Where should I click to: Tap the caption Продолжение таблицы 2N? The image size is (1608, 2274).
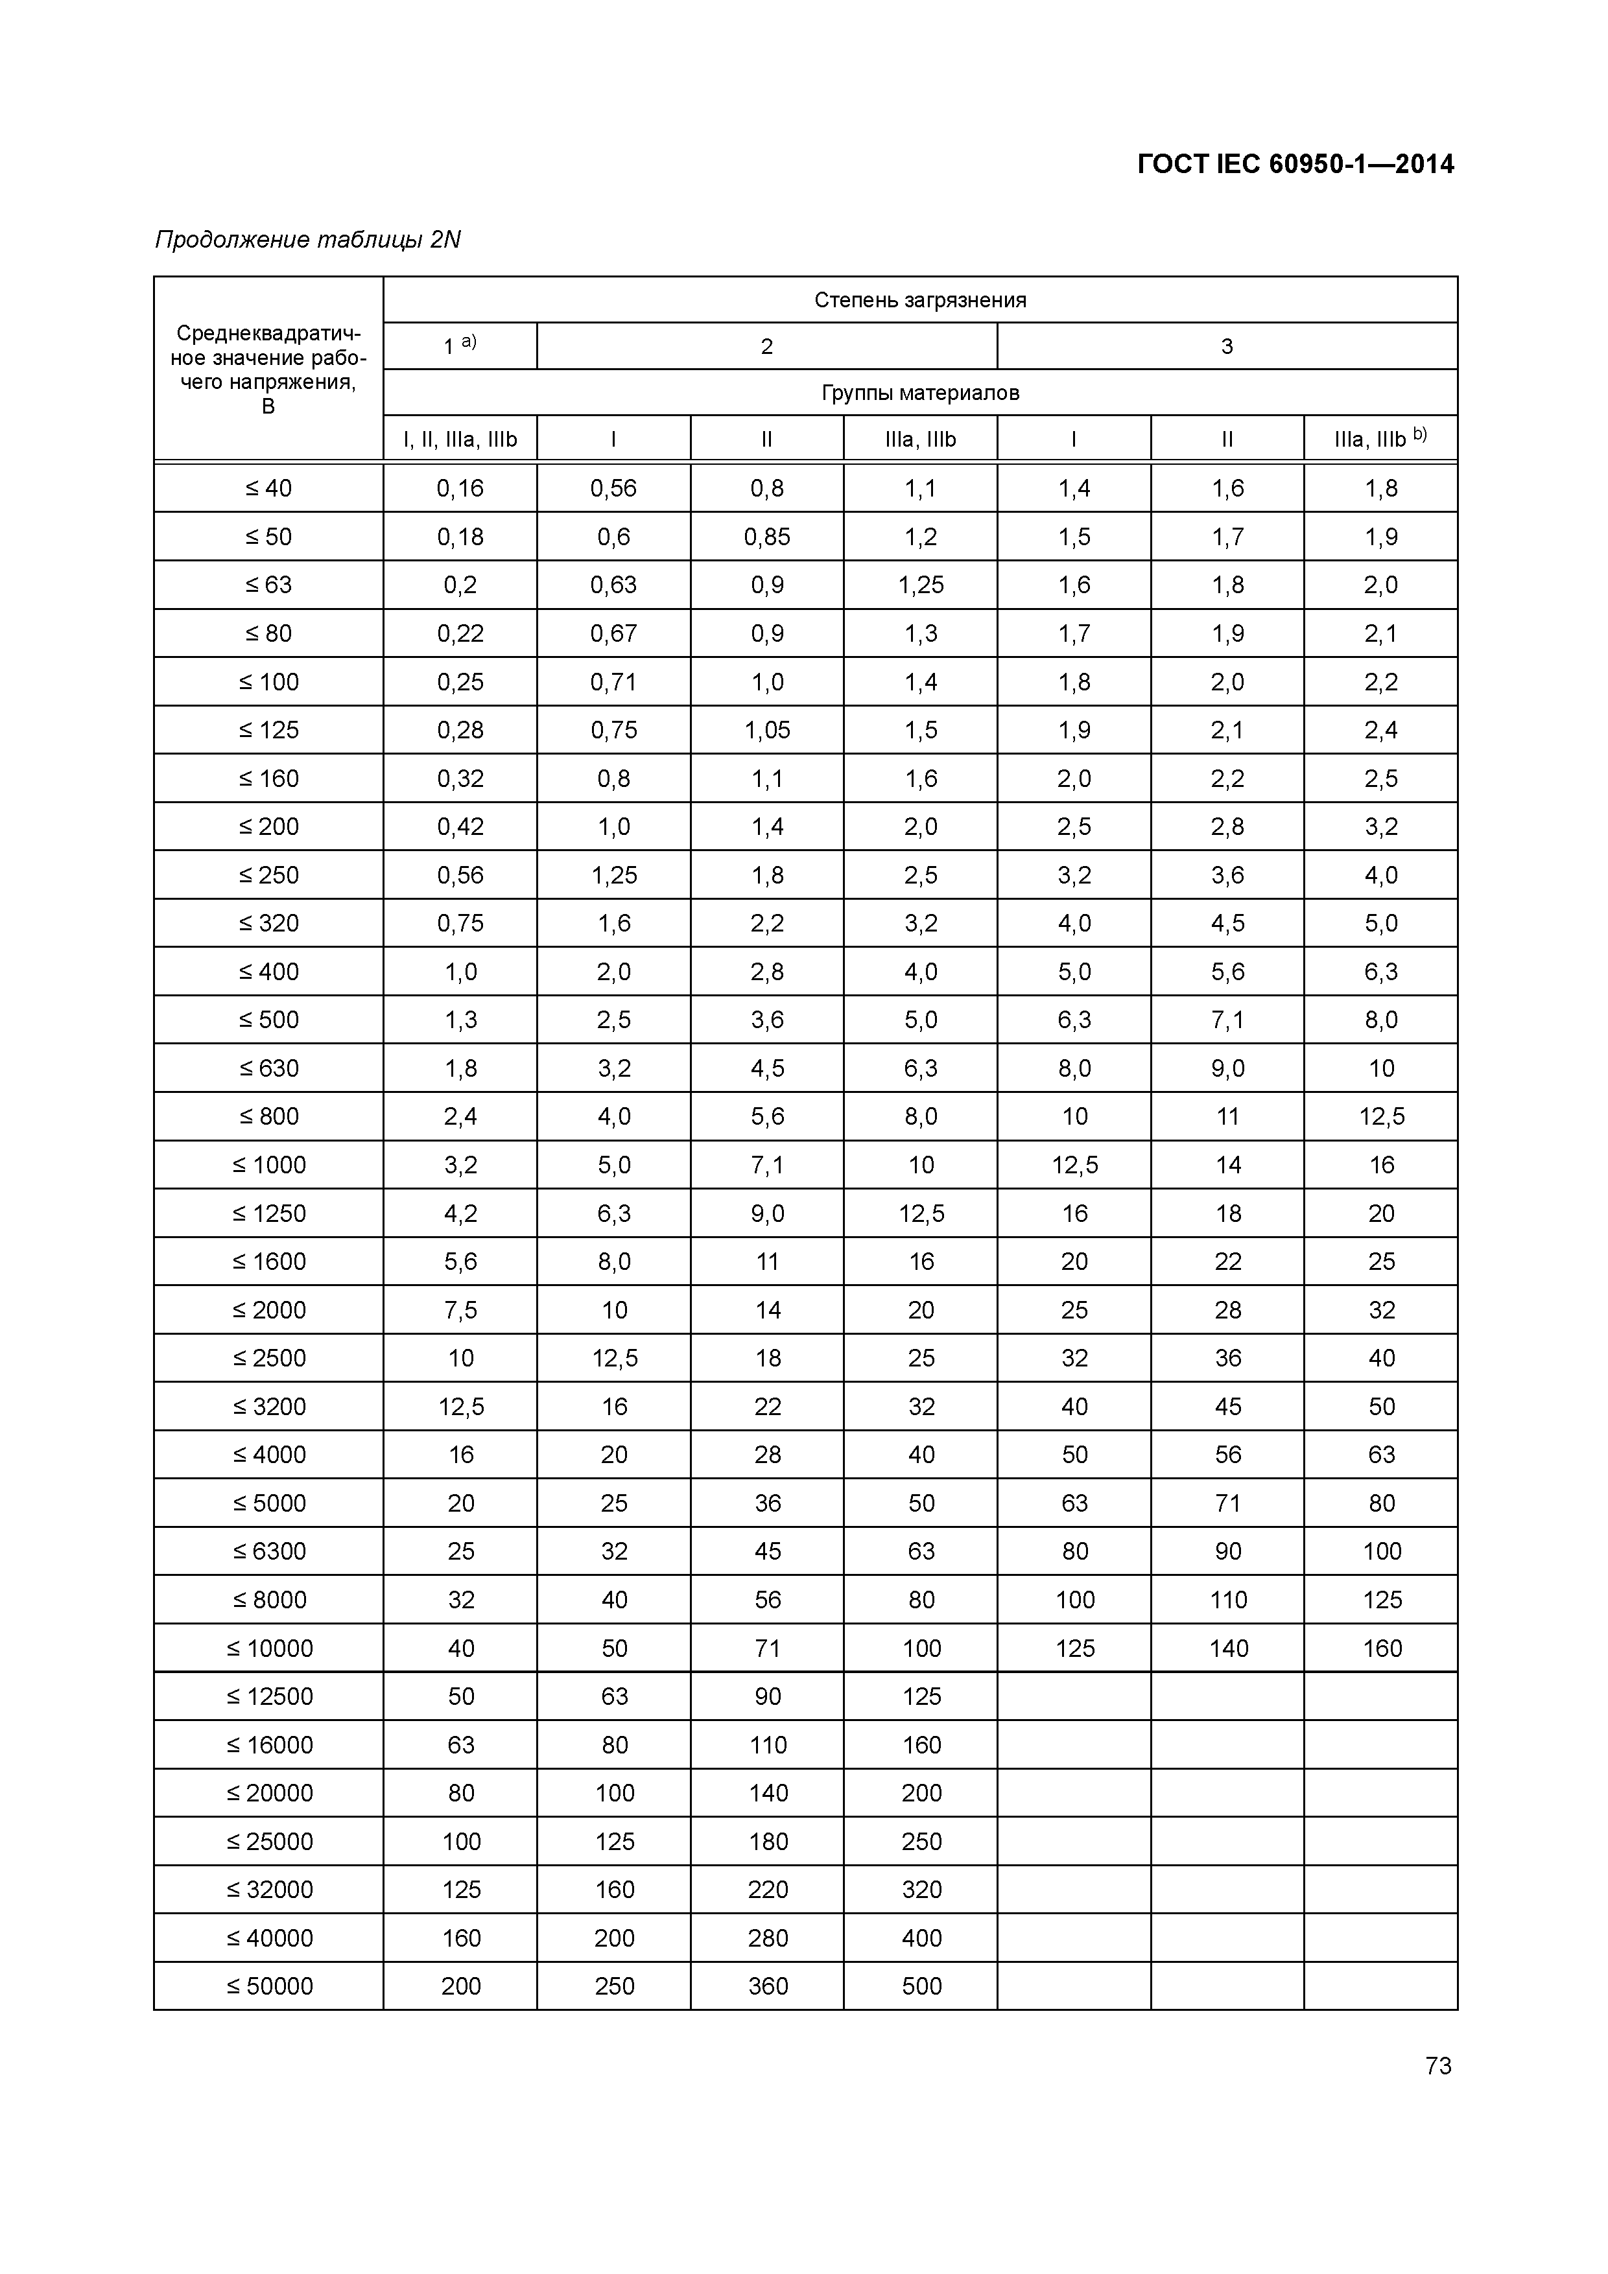tap(308, 240)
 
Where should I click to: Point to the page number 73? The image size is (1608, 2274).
tap(1437, 2065)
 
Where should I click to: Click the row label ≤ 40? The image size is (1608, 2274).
tap(268, 488)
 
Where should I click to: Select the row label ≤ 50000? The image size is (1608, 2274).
tap(268, 1986)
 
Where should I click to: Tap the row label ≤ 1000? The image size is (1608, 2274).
tap(268, 1165)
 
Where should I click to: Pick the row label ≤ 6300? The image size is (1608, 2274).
tap(268, 1551)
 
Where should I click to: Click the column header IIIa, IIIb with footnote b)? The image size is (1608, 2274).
tap(1380, 439)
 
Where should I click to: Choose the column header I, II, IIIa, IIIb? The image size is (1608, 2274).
tap(460, 440)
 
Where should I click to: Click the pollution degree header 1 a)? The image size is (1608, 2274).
tap(460, 346)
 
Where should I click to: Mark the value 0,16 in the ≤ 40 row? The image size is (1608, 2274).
tap(460, 488)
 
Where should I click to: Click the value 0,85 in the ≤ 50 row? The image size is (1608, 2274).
tap(767, 537)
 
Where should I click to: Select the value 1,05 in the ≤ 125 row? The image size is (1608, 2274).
tap(767, 730)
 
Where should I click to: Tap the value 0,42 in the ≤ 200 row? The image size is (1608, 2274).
tap(460, 827)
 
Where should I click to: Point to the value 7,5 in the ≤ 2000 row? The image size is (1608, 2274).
tap(460, 1310)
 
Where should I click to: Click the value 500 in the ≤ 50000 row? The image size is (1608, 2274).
tap(921, 1986)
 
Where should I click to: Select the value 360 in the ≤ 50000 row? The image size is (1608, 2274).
tap(768, 1986)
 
